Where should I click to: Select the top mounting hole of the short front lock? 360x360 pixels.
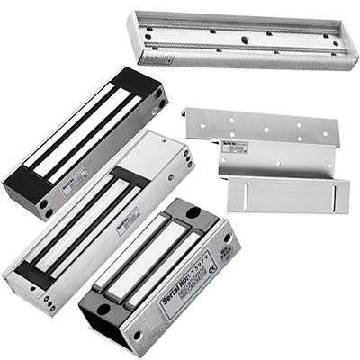coord(193,212)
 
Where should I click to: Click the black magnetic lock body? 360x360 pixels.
coord(86,140)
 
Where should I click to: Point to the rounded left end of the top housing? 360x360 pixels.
coord(135,23)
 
